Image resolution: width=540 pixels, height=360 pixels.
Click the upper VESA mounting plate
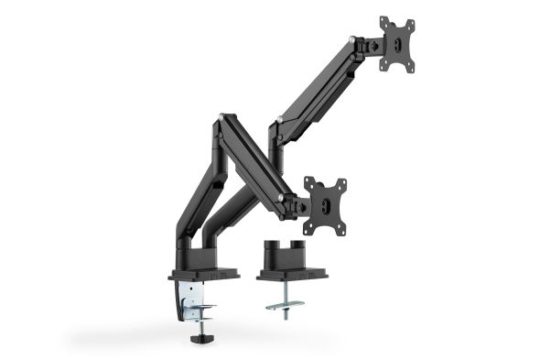click(x=396, y=43)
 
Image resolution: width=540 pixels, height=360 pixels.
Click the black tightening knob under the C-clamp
click(x=197, y=339)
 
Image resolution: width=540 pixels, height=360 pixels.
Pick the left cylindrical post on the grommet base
click(x=271, y=253)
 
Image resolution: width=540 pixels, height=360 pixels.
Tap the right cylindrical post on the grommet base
click(x=299, y=253)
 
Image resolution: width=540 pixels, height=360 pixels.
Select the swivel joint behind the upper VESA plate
click(x=369, y=43)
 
